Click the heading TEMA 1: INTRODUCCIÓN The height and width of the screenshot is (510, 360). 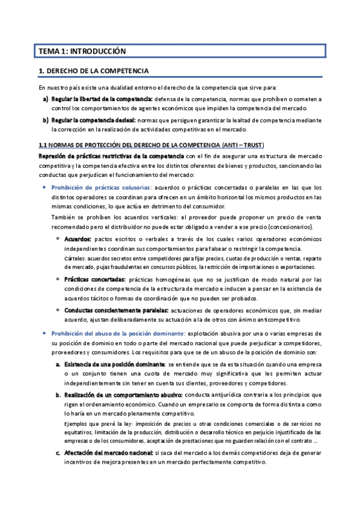point(81,52)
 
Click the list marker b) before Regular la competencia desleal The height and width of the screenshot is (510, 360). point(46,120)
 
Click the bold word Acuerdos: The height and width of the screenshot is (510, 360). point(78,239)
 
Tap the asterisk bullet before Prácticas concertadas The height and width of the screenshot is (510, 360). point(57,280)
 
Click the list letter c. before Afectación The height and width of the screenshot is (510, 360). point(57,453)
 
